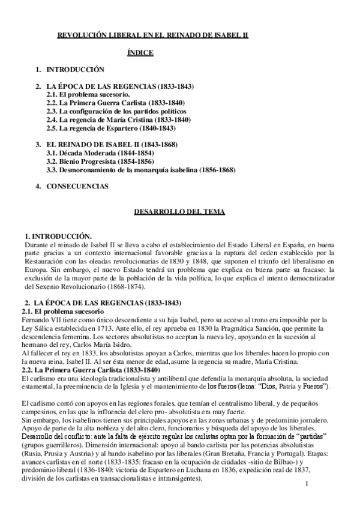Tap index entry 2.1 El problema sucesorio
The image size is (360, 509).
click(88, 95)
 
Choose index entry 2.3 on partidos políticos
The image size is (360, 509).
click(116, 111)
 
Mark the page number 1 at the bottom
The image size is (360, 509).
click(307, 484)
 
